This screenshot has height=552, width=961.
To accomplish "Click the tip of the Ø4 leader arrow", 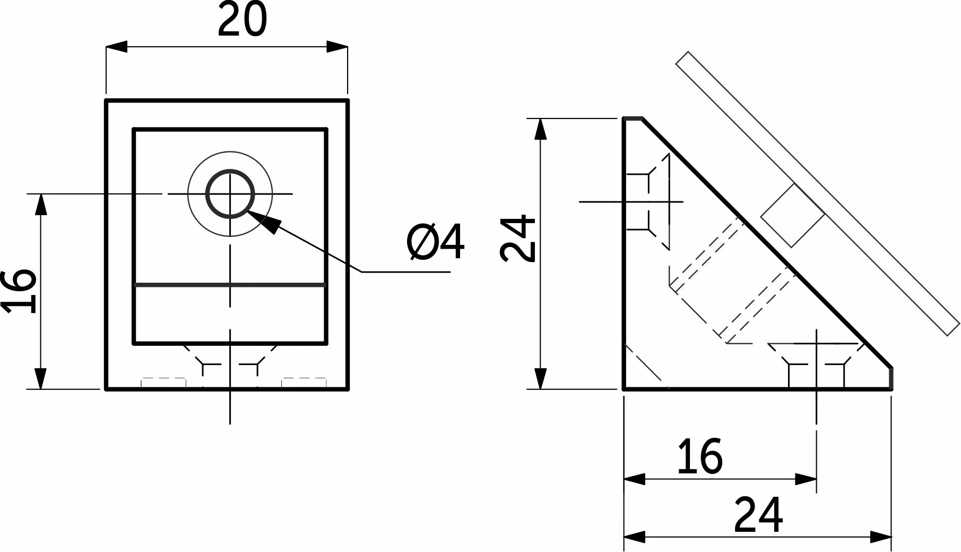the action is click(247, 211).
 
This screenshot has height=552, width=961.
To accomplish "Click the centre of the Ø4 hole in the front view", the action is click(230, 194).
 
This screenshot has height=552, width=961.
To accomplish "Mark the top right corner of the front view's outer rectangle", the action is click(348, 100).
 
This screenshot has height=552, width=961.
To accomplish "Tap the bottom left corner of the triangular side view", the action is click(624, 389).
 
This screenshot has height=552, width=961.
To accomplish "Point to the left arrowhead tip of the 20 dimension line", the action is click(106, 47).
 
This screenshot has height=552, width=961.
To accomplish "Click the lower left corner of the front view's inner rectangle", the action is click(133, 343).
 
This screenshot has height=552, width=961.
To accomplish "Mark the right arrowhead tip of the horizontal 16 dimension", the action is click(816, 479).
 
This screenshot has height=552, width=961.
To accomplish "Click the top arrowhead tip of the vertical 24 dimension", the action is click(540, 118).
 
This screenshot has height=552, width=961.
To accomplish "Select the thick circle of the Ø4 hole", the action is click(230, 169).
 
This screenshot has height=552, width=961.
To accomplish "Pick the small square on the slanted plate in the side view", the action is click(793, 215).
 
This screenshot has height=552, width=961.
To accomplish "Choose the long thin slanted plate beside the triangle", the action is click(818, 193).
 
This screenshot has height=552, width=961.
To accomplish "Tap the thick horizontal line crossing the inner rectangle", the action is click(230, 285).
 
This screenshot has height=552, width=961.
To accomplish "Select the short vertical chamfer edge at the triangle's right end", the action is click(891, 378).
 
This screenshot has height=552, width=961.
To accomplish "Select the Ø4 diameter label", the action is click(436, 242).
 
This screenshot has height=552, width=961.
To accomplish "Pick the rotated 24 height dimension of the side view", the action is click(517, 238).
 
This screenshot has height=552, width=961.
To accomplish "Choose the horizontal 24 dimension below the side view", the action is click(758, 515).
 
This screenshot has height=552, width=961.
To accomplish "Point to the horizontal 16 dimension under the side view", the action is click(700, 456).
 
